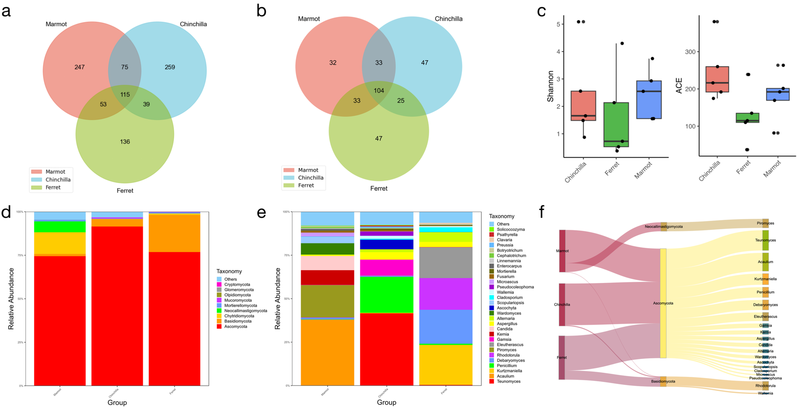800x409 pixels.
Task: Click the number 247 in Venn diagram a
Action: (80, 67)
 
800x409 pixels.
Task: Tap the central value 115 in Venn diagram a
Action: (125, 94)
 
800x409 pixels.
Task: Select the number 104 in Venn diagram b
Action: (379, 91)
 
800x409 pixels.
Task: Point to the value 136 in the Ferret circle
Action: (125, 141)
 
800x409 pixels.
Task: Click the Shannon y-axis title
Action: (550, 86)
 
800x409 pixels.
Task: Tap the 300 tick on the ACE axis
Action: (690, 52)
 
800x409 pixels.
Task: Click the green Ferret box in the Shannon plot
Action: (616, 124)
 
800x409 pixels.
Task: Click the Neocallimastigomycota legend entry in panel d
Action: (245, 311)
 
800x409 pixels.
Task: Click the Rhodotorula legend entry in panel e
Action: (508, 355)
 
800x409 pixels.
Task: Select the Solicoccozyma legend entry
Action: (511, 229)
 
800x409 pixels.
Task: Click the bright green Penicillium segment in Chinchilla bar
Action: (387, 294)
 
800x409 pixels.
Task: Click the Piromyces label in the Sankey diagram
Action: (765, 223)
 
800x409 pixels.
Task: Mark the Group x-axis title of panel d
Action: (117, 403)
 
